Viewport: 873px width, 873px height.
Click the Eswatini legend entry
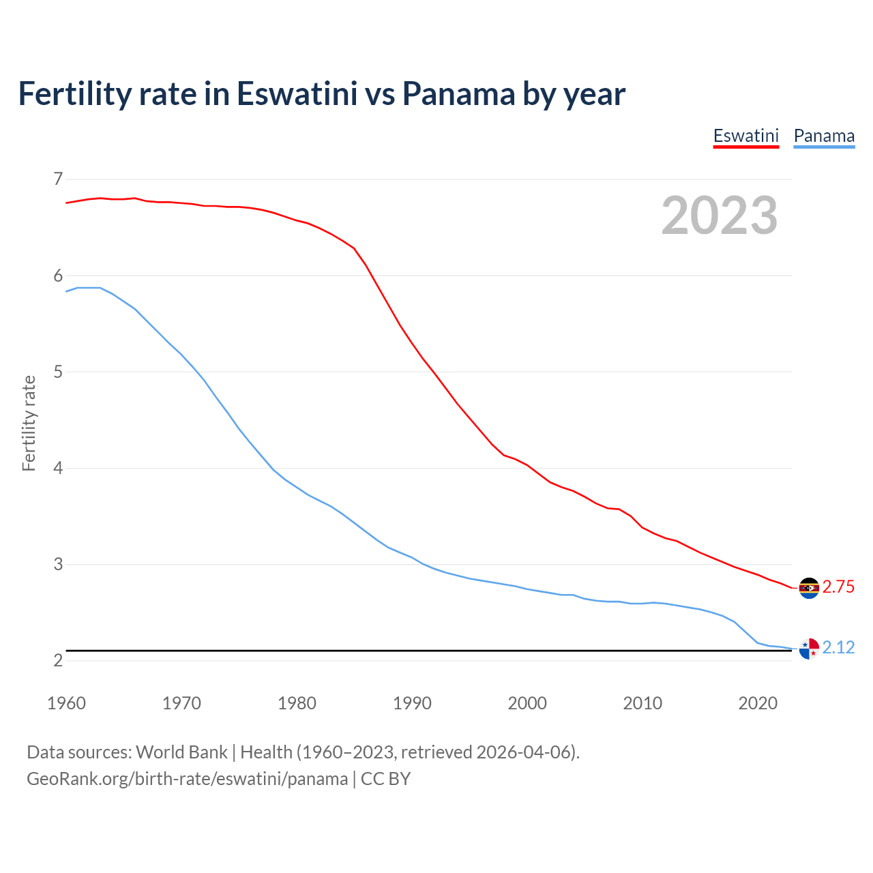[x=745, y=136]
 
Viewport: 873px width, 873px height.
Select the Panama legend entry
[x=824, y=136]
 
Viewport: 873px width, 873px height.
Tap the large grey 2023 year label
[x=720, y=216]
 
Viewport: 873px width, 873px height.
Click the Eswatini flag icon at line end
[x=809, y=588]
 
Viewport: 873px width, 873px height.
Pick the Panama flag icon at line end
[x=809, y=649]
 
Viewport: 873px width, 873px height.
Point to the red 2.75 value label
[x=838, y=587]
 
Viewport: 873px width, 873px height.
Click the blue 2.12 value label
[x=838, y=647]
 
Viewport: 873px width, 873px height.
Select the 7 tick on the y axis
[x=58, y=179]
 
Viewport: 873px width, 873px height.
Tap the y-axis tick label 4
[x=58, y=468]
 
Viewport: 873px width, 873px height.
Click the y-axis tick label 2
[x=58, y=660]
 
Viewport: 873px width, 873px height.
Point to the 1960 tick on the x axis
[x=66, y=703]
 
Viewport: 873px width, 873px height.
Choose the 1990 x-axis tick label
[x=412, y=703]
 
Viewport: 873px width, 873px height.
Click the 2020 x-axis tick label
[x=758, y=703]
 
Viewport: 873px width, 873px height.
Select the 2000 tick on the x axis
[x=527, y=703]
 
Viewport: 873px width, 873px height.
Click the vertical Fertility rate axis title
[x=29, y=423]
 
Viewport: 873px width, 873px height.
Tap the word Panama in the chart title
[x=458, y=93]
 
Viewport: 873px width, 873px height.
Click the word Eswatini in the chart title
[x=297, y=93]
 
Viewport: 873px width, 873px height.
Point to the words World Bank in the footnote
[x=181, y=752]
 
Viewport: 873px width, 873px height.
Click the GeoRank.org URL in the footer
[x=187, y=779]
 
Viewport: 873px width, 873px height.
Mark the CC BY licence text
[x=385, y=779]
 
